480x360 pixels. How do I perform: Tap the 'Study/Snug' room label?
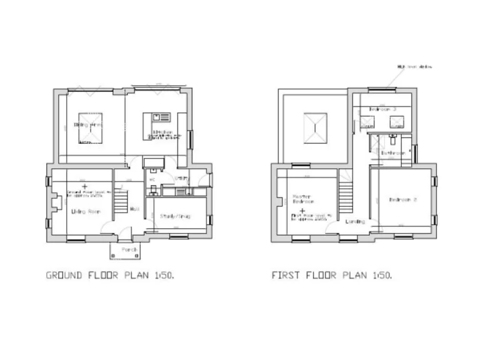pyautogui.click(x=174, y=216)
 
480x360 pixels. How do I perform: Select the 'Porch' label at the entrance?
pyautogui.click(x=129, y=249)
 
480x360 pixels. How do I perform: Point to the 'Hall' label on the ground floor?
pyautogui.click(x=134, y=209)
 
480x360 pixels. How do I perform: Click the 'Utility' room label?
pyautogui.click(x=182, y=178)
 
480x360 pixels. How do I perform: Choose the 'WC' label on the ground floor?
pyautogui.click(x=152, y=180)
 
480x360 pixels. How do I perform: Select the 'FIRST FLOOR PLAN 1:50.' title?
pyautogui.click(x=332, y=275)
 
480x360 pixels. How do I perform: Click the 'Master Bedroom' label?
pyautogui.click(x=302, y=199)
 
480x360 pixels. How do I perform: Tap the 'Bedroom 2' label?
pyautogui.click(x=402, y=200)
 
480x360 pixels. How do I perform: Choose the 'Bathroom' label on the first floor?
pyautogui.click(x=393, y=152)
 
